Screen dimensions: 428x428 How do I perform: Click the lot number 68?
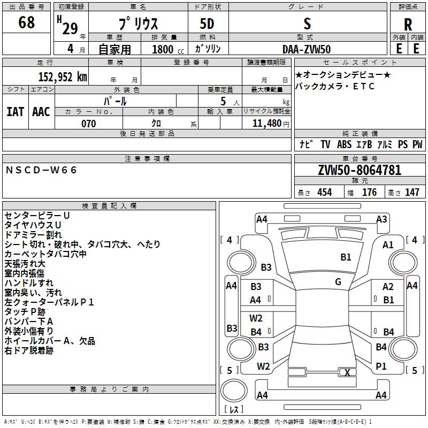26,22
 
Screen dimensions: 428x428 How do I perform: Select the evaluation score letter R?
408,25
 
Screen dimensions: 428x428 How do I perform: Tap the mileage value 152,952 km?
63,77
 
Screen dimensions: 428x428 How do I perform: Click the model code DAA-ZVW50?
307,49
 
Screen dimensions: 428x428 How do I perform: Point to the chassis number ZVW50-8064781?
360,170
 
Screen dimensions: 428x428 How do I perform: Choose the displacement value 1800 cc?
168,49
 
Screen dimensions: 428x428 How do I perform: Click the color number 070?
89,124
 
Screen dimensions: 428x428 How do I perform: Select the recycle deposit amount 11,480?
267,124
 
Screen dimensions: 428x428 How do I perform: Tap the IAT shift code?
16,112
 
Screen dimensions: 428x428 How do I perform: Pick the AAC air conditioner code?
41,112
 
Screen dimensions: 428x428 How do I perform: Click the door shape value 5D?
207,24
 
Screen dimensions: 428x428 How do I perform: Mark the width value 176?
369,192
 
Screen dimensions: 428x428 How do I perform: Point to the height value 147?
412,192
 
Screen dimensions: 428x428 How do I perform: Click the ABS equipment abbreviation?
344,144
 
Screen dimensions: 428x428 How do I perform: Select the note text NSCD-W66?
41,170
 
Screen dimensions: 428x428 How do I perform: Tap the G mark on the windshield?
338,282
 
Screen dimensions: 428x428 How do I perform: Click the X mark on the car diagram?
347,372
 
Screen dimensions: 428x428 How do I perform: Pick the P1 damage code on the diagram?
381,366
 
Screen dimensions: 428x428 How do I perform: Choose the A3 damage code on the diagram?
381,219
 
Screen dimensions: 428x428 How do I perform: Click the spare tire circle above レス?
234,390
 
